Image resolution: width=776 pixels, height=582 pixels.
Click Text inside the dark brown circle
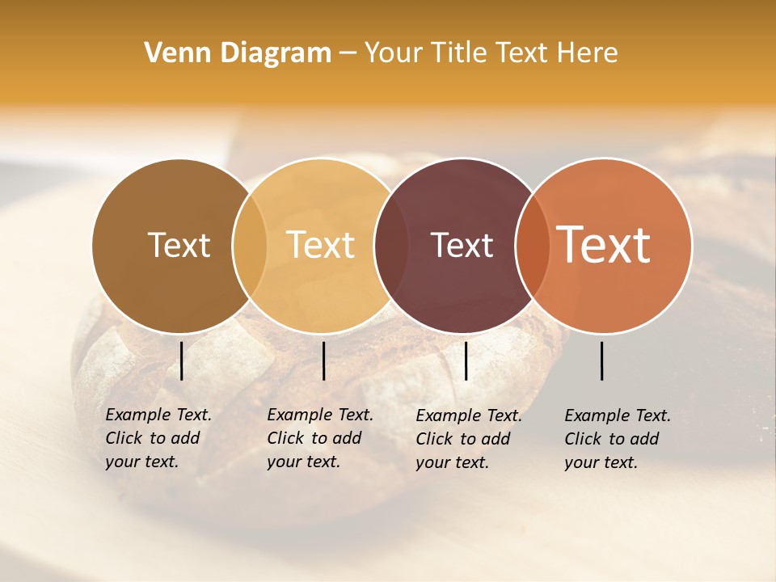179,245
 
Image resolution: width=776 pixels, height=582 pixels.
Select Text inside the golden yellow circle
321,245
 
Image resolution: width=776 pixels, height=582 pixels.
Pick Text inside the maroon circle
462,245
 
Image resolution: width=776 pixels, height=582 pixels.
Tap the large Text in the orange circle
604,245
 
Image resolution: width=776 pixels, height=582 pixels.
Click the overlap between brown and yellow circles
250,245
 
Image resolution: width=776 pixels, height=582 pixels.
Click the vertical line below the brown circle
182,361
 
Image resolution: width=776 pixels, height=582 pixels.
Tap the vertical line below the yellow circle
323,361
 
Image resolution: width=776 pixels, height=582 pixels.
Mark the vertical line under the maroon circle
466,361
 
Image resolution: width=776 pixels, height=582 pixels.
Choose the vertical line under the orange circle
602,361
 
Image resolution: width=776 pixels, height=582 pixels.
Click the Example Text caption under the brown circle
158,438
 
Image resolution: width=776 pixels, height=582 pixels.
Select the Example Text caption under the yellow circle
319,438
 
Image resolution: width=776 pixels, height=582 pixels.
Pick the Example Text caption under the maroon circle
468,439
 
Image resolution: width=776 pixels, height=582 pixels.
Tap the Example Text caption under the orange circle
617,439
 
